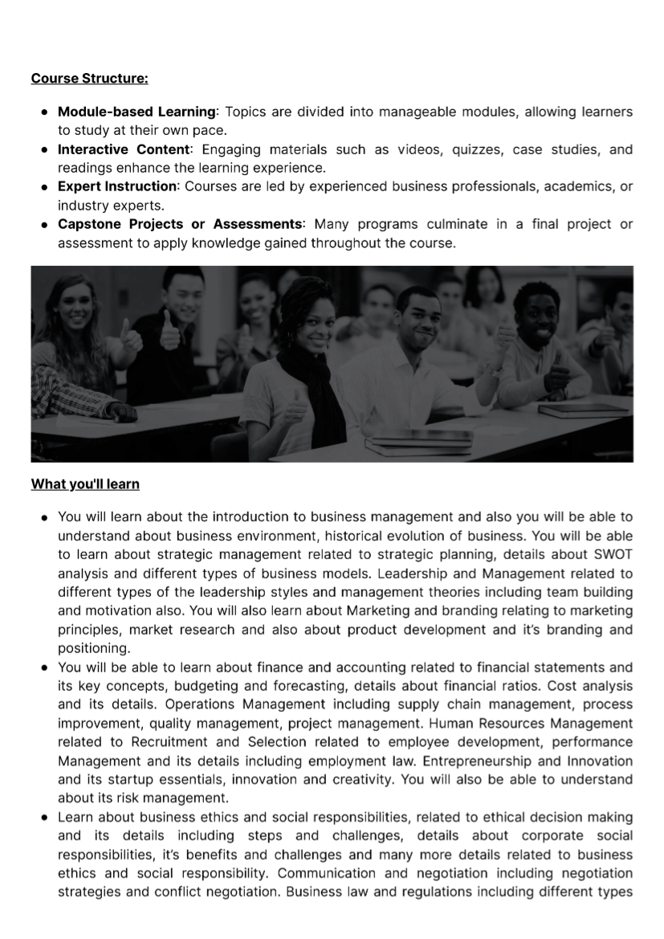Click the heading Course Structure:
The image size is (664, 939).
(89, 79)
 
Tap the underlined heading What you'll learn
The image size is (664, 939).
(85, 484)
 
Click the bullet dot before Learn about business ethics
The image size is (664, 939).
(46, 817)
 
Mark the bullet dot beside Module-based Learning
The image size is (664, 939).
(46, 111)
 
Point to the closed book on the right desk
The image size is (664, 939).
(584, 409)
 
